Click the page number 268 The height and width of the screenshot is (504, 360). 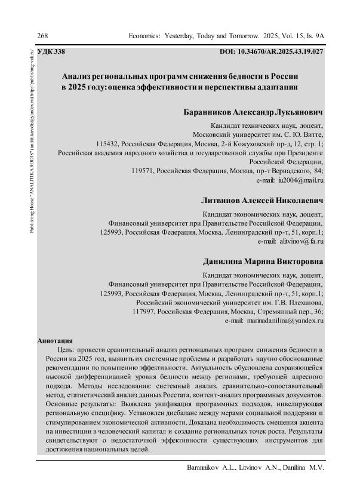[42, 36]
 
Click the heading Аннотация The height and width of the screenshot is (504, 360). [55, 340]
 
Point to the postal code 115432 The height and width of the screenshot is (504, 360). [107, 144]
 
